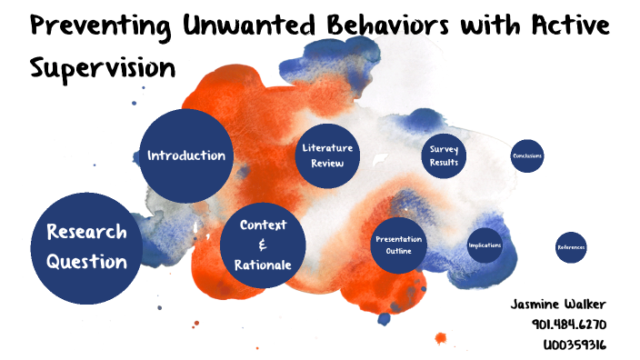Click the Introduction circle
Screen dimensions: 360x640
[186, 155]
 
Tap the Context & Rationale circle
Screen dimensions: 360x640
[263, 245]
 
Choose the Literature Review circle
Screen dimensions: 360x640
[326, 155]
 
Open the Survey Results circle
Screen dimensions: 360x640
[445, 156]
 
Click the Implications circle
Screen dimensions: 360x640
[485, 245]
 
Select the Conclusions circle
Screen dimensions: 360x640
[527, 156]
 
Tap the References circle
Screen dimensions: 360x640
[571, 247]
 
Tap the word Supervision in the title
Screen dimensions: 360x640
[103, 67]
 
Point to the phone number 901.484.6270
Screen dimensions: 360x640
[569, 324]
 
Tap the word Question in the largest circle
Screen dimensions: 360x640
[86, 262]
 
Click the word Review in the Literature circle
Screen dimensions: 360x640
[326, 165]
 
